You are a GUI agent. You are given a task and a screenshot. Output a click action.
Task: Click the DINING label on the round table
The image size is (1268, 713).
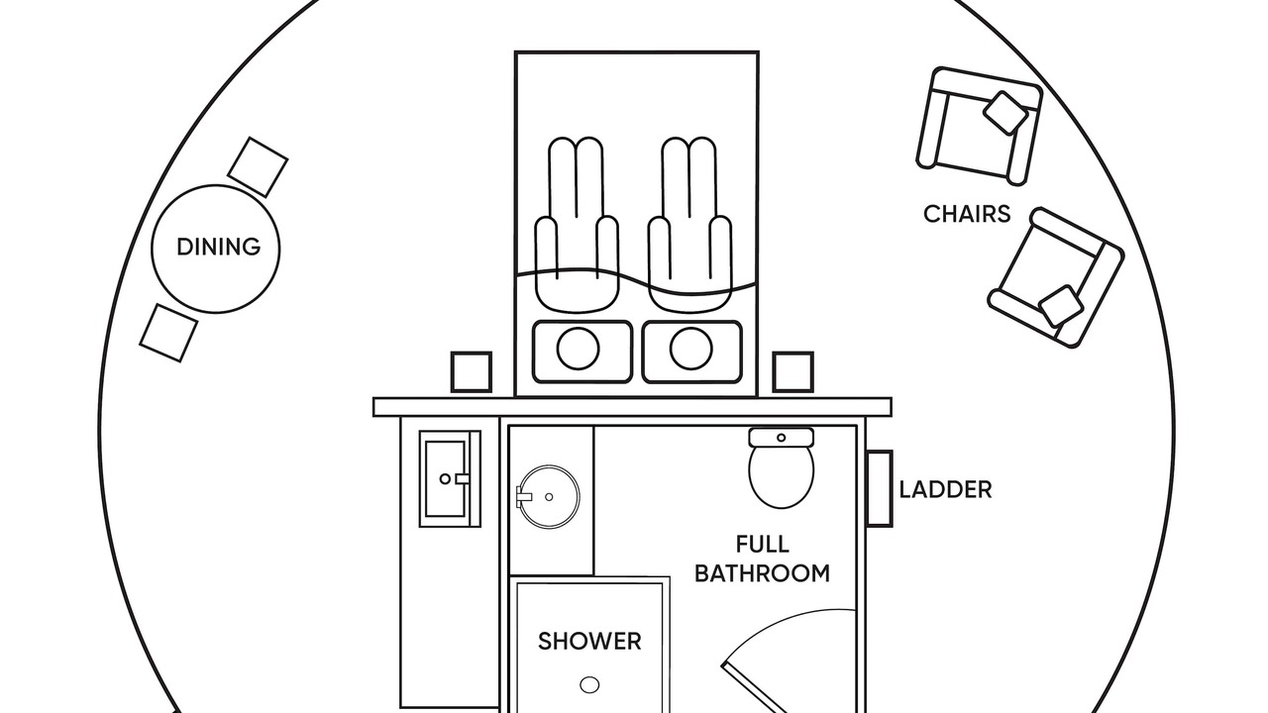click(x=218, y=247)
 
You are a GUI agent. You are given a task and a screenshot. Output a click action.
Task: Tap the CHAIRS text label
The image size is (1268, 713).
click(x=967, y=214)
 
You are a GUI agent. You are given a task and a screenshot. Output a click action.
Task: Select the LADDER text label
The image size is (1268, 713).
click(x=945, y=489)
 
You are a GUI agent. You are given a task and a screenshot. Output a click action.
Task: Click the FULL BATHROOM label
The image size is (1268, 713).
click(x=762, y=559)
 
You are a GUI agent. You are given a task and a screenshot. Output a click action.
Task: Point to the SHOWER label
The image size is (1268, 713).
click(x=589, y=642)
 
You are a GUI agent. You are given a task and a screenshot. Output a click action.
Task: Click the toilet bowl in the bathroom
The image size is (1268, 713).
click(x=781, y=475)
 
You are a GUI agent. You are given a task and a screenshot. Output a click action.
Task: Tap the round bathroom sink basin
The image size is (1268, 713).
click(x=549, y=496)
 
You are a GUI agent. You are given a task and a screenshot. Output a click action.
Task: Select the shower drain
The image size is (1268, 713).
click(x=589, y=684)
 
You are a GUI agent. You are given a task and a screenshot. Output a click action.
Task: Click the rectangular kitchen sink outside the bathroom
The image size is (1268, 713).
click(x=449, y=478)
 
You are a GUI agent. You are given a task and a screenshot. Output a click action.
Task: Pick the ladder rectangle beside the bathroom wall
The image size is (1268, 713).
click(x=879, y=488)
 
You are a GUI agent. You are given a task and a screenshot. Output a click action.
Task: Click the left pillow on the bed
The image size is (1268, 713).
click(x=581, y=351)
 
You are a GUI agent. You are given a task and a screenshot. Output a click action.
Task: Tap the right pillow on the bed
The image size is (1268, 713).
click(x=691, y=351)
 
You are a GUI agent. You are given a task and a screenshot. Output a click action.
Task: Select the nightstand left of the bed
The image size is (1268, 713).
click(x=471, y=371)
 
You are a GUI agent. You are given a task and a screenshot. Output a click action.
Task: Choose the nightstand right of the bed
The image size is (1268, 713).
click(x=792, y=371)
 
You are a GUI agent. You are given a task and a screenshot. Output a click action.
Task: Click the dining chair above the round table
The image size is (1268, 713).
click(x=258, y=166)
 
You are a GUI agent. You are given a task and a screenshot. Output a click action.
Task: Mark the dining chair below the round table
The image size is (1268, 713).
click(x=168, y=332)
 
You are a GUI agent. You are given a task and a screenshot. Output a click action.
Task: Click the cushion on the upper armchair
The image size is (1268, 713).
click(x=1005, y=113)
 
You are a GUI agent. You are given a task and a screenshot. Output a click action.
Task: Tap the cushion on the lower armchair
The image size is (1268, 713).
click(x=1061, y=306)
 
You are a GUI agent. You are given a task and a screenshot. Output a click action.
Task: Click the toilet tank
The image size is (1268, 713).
click(x=781, y=437)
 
